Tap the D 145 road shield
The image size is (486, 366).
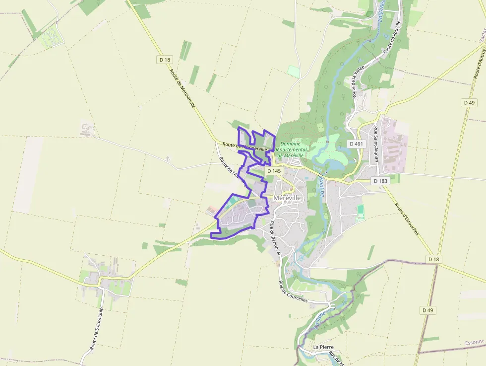274,171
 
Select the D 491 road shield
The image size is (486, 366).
356,144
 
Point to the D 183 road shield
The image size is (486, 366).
380,181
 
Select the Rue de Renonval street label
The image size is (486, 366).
275,238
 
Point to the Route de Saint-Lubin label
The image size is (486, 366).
96,329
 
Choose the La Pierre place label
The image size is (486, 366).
323,347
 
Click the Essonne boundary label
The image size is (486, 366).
475,343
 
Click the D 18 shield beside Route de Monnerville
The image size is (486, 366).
165,60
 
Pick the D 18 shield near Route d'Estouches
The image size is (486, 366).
433,259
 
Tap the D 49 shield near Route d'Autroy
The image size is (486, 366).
469,102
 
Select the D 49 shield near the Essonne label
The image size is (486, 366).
427,310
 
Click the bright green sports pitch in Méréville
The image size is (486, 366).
361,211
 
